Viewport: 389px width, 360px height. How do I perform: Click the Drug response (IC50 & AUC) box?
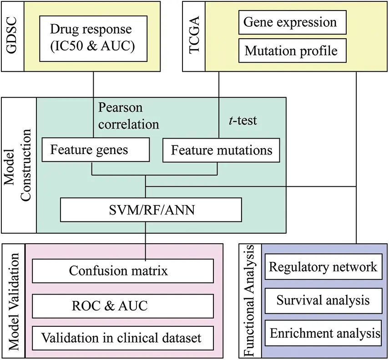(x=93, y=39)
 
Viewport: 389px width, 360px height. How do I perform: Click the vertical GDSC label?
(x=12, y=36)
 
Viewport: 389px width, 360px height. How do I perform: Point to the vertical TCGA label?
(x=194, y=36)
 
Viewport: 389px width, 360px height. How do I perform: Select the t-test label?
(x=242, y=120)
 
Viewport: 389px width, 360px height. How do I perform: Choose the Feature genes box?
(x=95, y=150)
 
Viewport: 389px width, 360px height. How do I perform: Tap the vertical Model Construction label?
(x=19, y=165)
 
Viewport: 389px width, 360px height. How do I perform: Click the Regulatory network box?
(x=323, y=267)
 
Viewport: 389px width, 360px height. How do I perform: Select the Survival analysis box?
(x=323, y=300)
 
